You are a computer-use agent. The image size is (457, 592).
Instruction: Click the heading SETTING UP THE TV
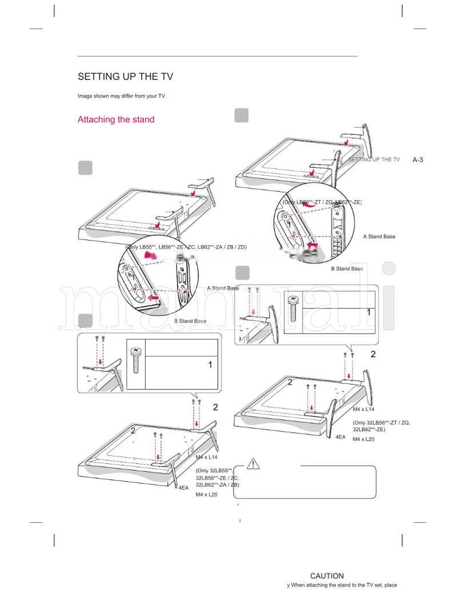(x=125, y=77)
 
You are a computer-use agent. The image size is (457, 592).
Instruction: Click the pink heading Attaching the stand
(x=116, y=119)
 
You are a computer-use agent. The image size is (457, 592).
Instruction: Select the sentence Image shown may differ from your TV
(x=122, y=96)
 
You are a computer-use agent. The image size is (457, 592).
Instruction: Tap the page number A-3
(x=418, y=159)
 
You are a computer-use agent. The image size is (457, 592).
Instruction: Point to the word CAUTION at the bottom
(x=327, y=576)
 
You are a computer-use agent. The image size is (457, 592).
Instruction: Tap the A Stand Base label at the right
(x=379, y=236)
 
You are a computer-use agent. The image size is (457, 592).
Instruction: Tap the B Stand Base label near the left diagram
(x=190, y=321)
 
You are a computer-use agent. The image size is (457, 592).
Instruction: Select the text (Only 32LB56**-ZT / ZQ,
(x=381, y=422)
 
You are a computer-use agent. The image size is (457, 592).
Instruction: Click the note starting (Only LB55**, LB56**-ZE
(x=186, y=247)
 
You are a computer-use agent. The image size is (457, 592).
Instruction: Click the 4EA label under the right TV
(x=340, y=437)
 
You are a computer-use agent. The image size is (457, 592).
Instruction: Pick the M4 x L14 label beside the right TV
(x=363, y=410)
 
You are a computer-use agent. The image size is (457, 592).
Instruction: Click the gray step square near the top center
(x=242, y=115)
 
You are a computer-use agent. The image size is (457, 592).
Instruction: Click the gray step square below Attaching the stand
(x=85, y=167)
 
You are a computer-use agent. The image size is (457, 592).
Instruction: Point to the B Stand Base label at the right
(x=347, y=269)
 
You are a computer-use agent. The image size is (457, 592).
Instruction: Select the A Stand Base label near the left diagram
(x=223, y=288)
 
